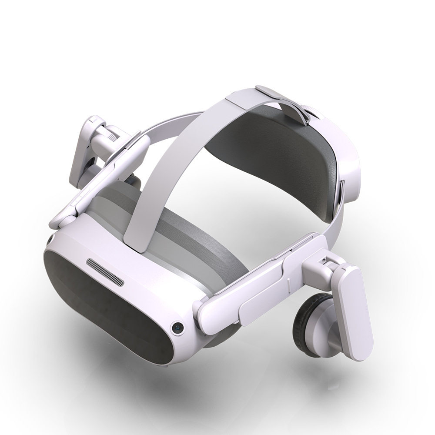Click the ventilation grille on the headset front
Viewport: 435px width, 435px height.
tap(105, 272)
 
